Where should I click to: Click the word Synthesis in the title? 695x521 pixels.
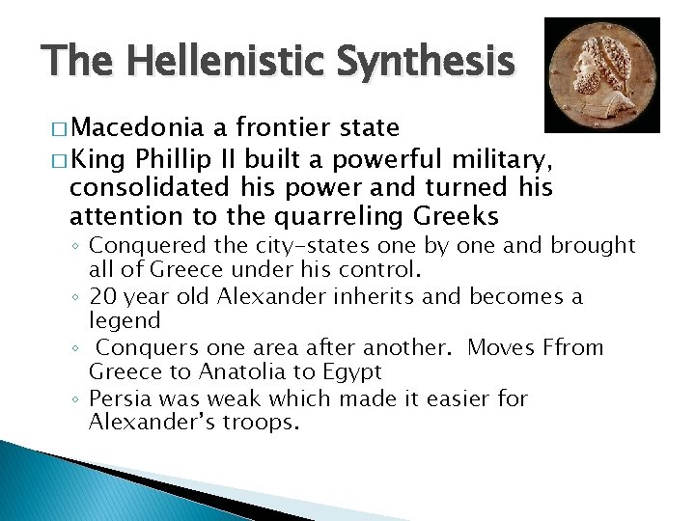(426, 62)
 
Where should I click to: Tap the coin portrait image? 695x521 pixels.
(601, 75)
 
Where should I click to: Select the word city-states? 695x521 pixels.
(316, 246)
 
